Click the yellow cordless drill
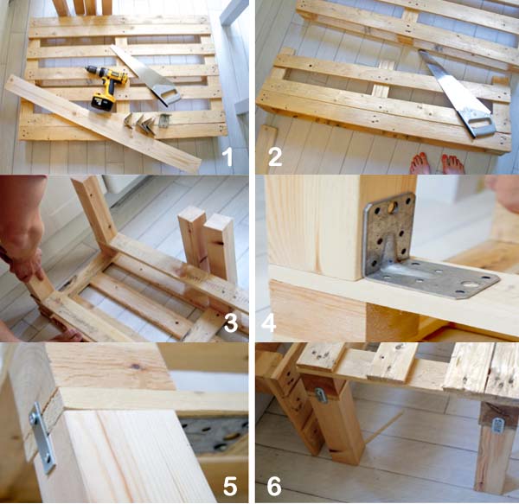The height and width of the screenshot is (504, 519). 107,86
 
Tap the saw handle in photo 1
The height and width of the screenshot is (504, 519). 166,94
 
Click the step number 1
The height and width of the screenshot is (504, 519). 227,157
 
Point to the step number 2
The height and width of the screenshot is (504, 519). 275,157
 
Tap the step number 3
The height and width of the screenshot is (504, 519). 231,322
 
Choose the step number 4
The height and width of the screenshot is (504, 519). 268,322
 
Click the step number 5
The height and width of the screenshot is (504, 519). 230,487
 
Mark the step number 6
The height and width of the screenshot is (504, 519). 274,487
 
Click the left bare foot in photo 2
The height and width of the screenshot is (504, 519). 420,163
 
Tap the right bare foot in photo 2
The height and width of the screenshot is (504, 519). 452,164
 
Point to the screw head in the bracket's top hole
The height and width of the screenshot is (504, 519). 392,207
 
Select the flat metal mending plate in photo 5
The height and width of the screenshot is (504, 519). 42,437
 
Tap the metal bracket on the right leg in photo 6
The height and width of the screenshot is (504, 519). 497,425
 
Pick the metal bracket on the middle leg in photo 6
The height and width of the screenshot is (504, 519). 320,396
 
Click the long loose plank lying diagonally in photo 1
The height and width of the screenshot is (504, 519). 103,124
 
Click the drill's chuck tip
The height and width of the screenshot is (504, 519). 87,69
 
